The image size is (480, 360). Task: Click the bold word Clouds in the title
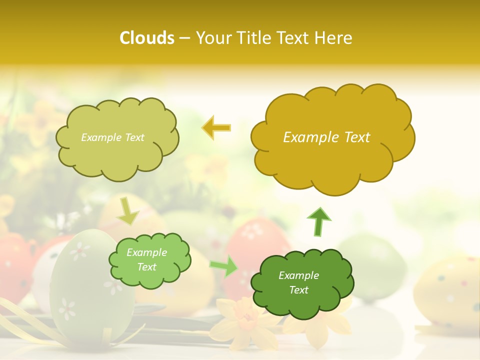click(x=147, y=38)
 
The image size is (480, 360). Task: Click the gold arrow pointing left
click(x=216, y=128)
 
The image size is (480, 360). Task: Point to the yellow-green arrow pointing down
click(x=127, y=211)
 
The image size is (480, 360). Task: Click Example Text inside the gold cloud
click(x=326, y=137)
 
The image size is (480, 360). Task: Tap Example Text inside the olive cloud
click(x=112, y=137)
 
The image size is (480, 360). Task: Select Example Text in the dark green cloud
click(x=298, y=282)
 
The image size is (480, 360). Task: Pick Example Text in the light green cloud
click(x=146, y=260)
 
